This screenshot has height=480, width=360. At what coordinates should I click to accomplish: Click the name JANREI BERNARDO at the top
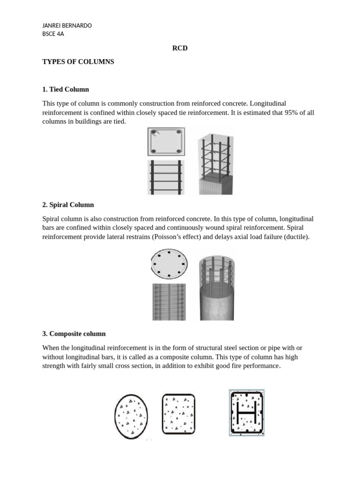click(67, 25)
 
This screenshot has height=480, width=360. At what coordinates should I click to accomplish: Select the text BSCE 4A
click(53, 34)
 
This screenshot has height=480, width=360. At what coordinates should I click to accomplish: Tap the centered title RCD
click(180, 48)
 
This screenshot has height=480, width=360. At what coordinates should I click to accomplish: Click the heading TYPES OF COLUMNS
click(78, 61)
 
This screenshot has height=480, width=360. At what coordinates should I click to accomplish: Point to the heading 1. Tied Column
click(66, 89)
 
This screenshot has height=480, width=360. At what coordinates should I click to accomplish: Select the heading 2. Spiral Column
click(68, 205)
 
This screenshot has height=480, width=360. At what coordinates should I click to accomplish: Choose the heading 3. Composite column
click(74, 334)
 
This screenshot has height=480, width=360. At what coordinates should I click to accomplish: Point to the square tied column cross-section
click(166, 142)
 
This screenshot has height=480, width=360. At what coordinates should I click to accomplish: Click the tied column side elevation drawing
click(166, 177)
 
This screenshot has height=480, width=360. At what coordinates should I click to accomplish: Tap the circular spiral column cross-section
click(169, 264)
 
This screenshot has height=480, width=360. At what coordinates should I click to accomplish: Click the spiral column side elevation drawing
click(169, 301)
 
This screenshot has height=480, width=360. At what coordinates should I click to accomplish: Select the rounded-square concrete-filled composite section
click(178, 413)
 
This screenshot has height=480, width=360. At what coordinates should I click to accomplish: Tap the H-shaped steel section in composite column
click(247, 412)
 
